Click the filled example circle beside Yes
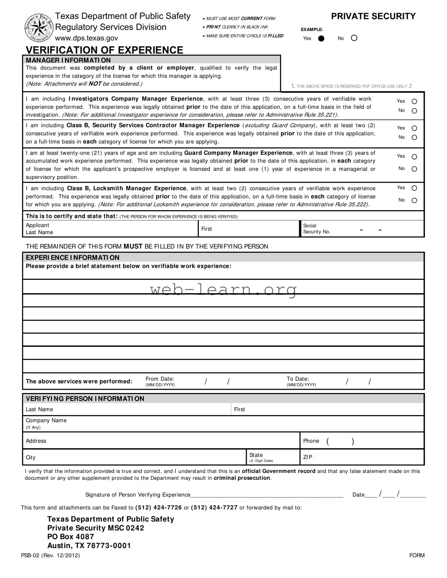(x=321, y=39)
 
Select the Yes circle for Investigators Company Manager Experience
(x=414, y=102)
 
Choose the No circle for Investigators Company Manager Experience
(x=414, y=111)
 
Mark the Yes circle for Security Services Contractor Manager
(x=414, y=128)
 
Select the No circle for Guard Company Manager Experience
(x=414, y=169)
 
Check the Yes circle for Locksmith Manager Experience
(x=414, y=188)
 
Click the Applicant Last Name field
(x=123, y=229)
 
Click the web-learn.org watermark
(x=223, y=290)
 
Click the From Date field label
(x=160, y=379)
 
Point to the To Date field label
(x=298, y=379)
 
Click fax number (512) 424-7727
(x=214, y=508)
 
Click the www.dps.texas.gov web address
(x=86, y=38)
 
